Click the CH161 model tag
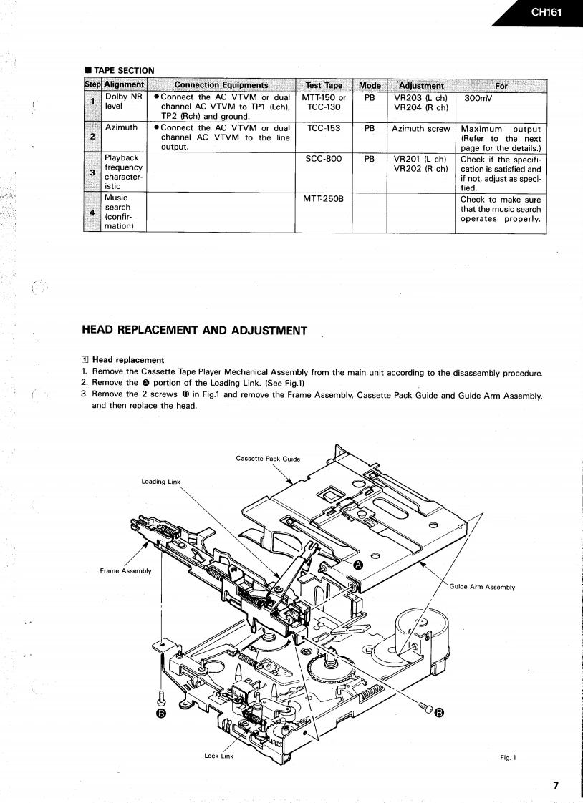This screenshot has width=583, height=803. point(546,12)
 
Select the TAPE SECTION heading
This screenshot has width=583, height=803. point(122,70)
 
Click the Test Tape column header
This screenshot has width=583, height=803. point(324,86)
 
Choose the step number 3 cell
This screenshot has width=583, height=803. point(92,172)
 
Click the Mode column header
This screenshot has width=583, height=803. point(370,86)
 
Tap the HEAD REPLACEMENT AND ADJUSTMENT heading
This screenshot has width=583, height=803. point(195,330)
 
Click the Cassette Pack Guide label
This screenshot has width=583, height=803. point(268,459)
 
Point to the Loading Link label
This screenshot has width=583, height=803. point(162,482)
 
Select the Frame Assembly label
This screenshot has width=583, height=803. point(126,570)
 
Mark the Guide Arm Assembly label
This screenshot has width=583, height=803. point(483,587)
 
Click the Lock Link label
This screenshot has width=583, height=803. point(218,756)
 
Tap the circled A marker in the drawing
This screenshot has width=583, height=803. point(359,565)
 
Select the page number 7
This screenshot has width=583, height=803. point(556,784)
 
